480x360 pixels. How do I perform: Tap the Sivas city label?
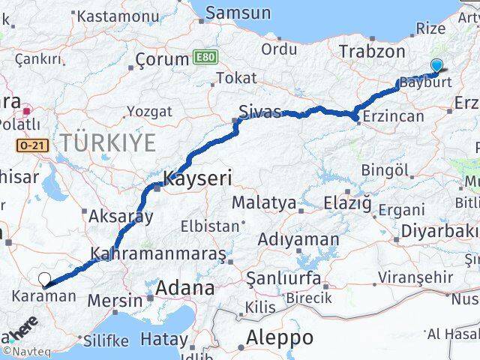259,112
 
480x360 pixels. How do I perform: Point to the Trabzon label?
372,51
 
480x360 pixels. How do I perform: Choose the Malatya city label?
263,202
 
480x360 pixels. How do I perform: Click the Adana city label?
184,288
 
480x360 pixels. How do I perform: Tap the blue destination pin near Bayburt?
436,66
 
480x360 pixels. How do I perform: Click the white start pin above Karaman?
45,280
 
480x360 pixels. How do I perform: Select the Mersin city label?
115,301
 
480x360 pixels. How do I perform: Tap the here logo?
22,330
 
